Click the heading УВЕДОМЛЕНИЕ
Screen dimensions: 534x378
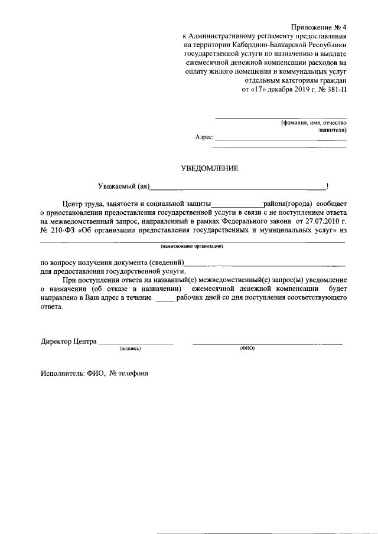(210, 168)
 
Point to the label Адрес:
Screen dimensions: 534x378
(204, 136)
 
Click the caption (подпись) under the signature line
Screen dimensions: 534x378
(130, 348)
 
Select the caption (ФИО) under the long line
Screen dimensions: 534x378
(247, 348)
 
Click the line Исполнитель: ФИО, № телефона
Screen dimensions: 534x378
(94, 373)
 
